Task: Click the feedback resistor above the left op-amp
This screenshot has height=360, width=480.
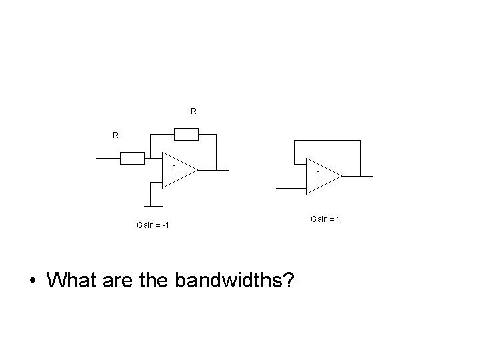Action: click(186, 135)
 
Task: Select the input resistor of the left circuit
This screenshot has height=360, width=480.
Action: click(133, 159)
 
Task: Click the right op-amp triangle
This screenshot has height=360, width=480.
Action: click(322, 176)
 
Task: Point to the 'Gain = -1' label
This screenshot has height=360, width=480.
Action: click(153, 225)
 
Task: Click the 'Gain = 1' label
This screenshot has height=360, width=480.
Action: click(326, 219)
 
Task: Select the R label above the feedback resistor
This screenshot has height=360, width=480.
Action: click(193, 111)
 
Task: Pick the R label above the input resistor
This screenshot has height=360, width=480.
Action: click(115, 135)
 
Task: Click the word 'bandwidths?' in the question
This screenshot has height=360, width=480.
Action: click(235, 280)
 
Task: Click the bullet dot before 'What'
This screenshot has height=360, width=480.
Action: click(32, 281)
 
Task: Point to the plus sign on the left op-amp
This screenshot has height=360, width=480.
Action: click(175, 175)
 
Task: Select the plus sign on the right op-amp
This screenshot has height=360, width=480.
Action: click(319, 181)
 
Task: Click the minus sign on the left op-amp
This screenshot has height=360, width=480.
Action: click(174, 164)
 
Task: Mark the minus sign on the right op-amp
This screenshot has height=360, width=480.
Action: click(318, 170)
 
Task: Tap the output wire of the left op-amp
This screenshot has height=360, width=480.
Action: click(213, 169)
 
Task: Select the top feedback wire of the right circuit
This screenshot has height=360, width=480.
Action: click(327, 141)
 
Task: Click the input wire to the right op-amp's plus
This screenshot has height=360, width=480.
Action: click(291, 189)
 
